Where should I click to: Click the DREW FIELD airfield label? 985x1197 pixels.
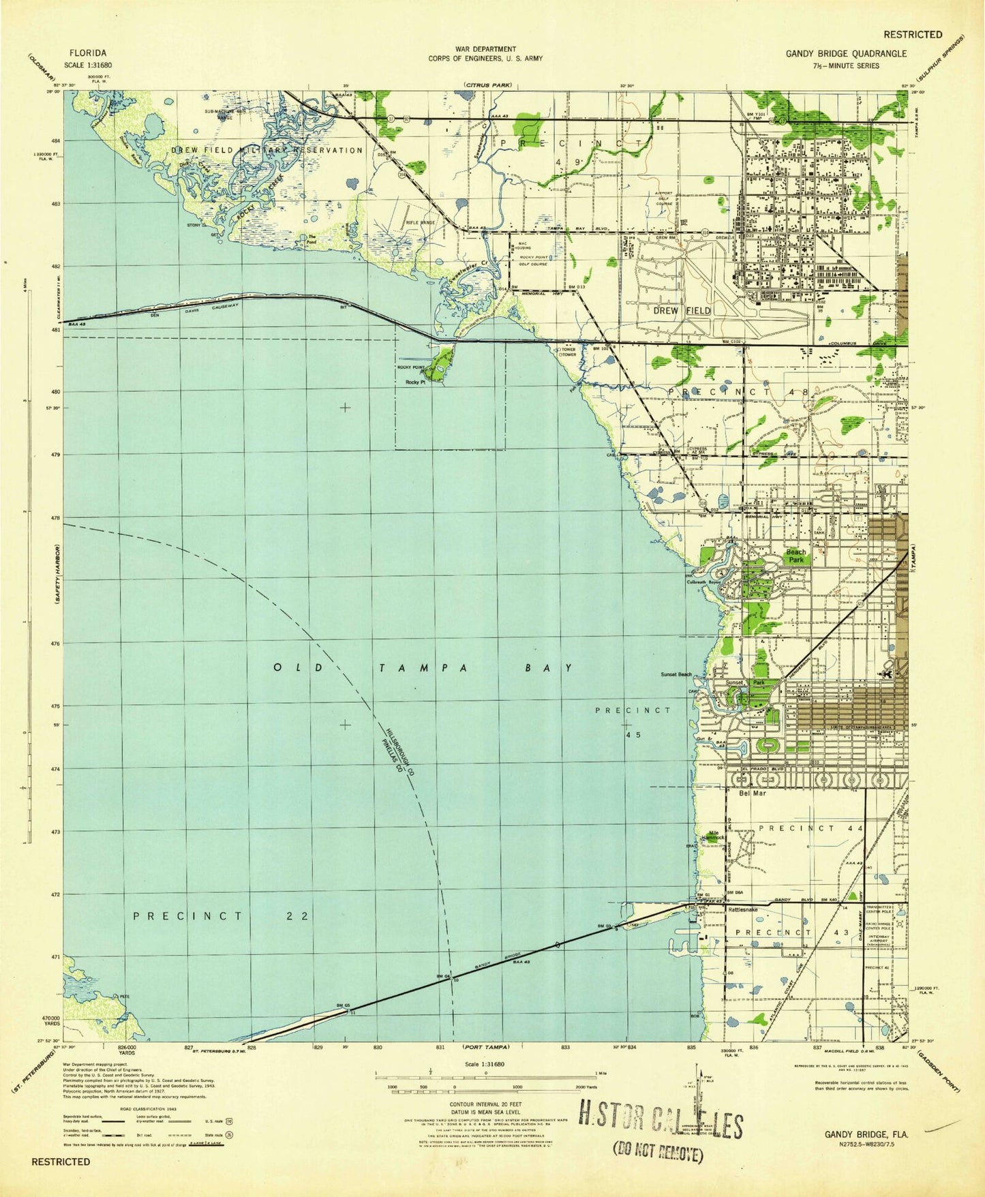(682, 310)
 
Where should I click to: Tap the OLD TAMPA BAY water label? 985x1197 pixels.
(423, 668)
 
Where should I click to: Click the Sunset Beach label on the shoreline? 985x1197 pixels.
(676, 674)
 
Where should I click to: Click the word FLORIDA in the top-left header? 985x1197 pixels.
(88, 52)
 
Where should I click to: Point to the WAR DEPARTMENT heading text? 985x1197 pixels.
(485, 49)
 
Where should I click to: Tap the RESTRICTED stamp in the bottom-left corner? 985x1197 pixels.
(61, 1161)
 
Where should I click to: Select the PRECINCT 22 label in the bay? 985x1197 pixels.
(222, 915)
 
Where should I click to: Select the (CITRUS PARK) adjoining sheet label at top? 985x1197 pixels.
(487, 85)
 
